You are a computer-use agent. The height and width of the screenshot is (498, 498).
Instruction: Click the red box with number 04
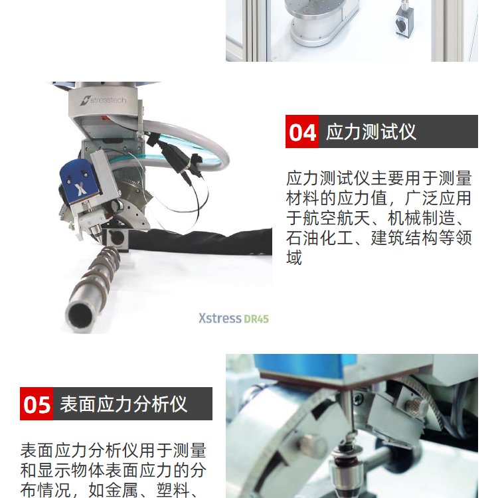[x=301, y=131]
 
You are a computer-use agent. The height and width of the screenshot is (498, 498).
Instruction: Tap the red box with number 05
[x=37, y=404]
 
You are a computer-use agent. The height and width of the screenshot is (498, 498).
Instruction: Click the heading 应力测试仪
[x=371, y=131]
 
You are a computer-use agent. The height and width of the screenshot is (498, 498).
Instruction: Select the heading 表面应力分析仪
[x=124, y=404]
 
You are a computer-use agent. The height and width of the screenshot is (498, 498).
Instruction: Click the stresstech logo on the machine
[x=103, y=100]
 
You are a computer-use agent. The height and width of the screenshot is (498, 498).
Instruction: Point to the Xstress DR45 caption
[x=234, y=318]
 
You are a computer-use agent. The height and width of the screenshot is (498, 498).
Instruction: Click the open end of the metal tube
[x=80, y=314]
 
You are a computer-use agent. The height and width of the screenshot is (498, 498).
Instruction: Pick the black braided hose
[x=200, y=241]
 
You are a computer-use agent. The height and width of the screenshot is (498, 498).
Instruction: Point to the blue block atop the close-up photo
[x=305, y=365]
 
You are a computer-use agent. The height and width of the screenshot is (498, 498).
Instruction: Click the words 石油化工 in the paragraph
[x=319, y=238]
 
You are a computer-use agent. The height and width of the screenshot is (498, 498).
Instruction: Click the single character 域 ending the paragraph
[x=294, y=258]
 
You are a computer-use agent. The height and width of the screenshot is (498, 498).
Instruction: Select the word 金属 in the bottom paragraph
[x=122, y=490]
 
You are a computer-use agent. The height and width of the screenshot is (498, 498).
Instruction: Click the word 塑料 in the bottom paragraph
[x=173, y=490]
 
